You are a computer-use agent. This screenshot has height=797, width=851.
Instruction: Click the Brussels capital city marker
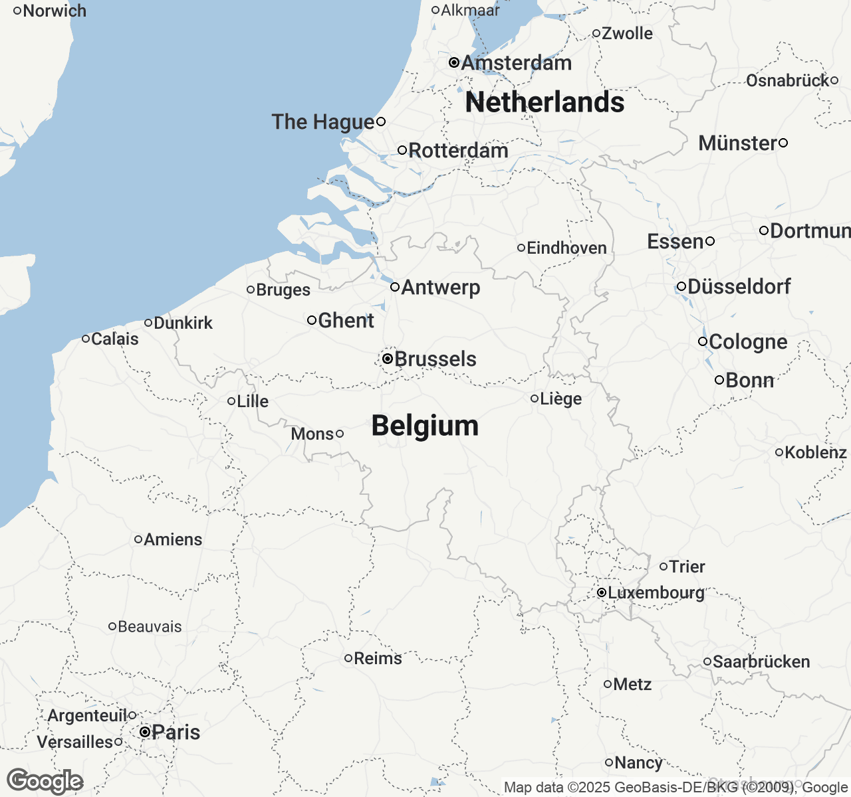388,359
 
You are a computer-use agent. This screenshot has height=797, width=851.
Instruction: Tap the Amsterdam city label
516,63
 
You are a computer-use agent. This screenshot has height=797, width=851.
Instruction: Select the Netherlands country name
545,102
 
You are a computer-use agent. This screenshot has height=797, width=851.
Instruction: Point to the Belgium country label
425,426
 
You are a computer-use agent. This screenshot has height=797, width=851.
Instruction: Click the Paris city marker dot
145,732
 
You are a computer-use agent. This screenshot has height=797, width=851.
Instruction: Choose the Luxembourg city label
656,592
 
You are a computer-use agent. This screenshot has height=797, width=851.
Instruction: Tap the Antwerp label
441,288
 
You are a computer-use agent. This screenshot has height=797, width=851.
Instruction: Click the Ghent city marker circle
312,320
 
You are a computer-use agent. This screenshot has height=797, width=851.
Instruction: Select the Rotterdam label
458,151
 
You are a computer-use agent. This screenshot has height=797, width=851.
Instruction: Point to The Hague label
323,122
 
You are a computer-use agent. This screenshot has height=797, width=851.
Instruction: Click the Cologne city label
748,342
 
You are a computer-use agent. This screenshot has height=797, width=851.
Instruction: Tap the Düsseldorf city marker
681,287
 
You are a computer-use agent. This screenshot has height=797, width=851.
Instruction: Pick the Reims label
378,658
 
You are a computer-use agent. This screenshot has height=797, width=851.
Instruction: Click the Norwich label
55,11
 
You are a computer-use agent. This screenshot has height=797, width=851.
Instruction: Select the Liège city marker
535,398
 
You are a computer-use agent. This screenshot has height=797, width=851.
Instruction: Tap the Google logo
45,782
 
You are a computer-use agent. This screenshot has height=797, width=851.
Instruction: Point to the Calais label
115,339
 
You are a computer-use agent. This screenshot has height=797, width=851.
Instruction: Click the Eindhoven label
566,248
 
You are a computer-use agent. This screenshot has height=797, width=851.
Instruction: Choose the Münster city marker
783,143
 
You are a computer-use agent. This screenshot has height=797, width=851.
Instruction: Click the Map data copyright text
675,788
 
